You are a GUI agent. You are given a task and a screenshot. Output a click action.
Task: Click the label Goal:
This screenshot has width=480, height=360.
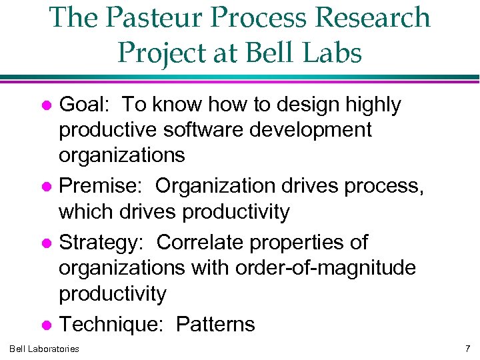[85, 105]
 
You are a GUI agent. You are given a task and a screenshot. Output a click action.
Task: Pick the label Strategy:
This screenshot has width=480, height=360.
[104, 242]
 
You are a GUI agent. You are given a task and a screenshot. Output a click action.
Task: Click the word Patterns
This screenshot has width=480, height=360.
[215, 325]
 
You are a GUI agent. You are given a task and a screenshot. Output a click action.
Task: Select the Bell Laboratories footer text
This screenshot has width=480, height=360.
[45, 348]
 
